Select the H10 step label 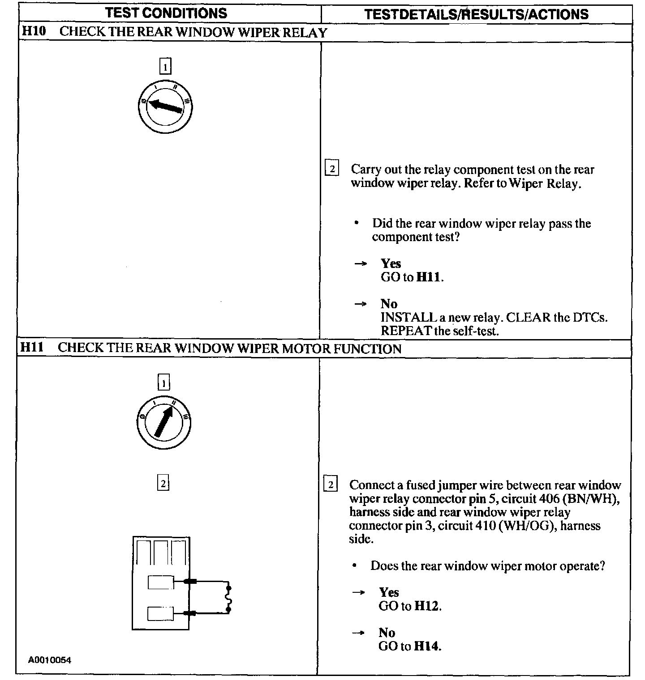coord(34,32)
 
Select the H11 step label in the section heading coord(33,348)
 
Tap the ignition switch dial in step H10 coord(165,106)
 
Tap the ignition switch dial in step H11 coord(164,421)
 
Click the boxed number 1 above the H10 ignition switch coord(165,67)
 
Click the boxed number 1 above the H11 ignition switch coord(164,383)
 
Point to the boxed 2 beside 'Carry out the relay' coord(331,169)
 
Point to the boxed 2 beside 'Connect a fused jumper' coord(330,485)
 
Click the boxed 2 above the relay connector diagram coord(163,484)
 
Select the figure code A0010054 coord(50,660)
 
